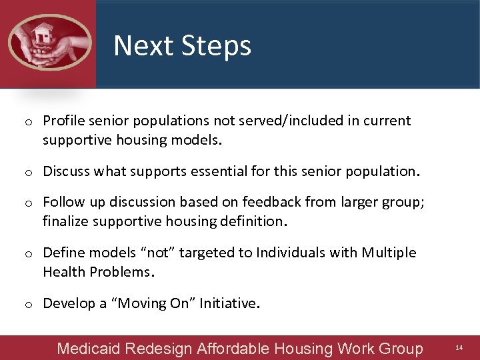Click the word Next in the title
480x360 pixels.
137,46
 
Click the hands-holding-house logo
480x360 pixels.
49,41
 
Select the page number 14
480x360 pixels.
459,348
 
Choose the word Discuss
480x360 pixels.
67,171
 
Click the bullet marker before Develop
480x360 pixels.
29,305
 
